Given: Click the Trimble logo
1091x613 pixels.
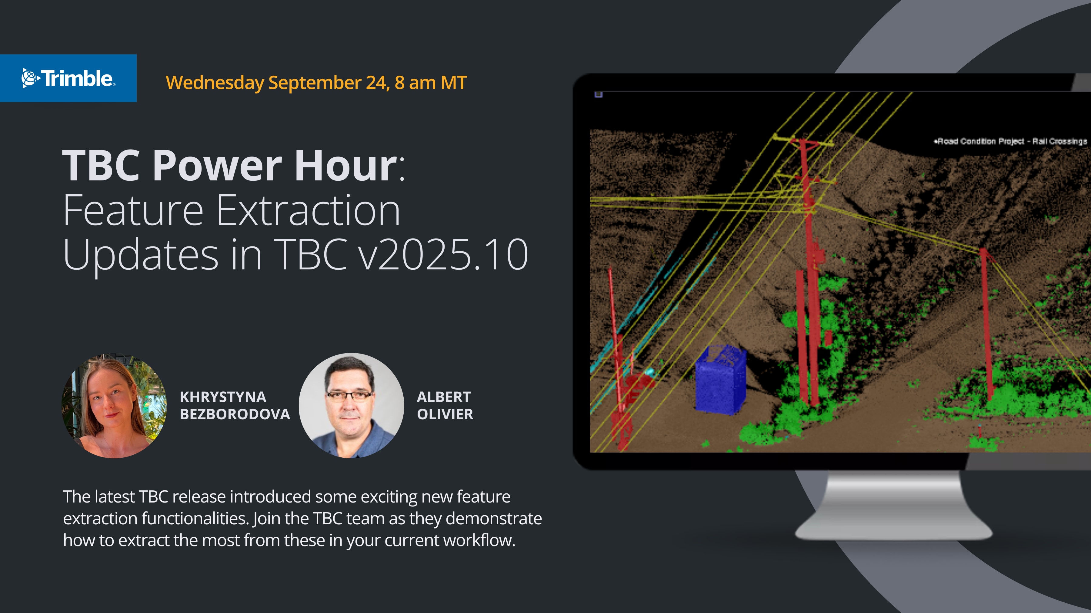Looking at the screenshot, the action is (68, 78).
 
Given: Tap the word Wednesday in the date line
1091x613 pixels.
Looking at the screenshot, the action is (215, 83).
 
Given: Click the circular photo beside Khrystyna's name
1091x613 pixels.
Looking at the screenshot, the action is (114, 406).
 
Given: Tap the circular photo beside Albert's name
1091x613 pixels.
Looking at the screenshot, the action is (351, 406).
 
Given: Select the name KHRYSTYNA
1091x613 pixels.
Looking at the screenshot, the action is (223, 397).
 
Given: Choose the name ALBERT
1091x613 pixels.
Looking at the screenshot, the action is (443, 397).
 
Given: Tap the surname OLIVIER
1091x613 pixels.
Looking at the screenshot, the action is (445, 414).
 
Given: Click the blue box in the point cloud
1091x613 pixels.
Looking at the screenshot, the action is (720, 379).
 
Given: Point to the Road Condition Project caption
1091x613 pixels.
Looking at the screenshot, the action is (1010, 141).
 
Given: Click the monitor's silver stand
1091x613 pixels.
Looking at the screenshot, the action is (894, 506).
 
